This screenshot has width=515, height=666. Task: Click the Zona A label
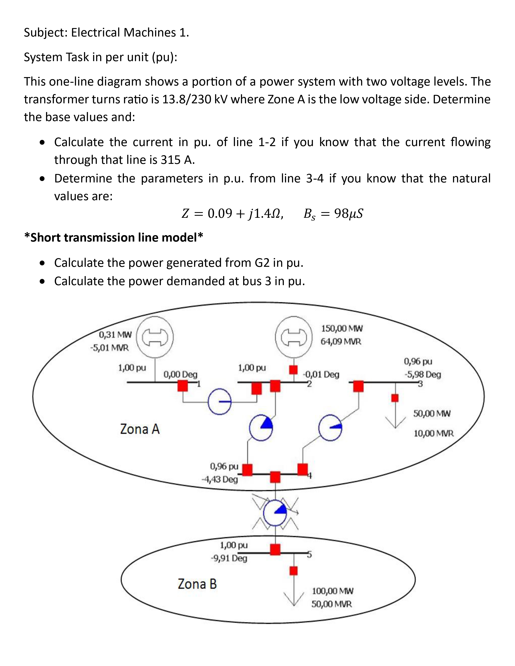point(140,429)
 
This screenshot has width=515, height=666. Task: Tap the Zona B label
point(197,584)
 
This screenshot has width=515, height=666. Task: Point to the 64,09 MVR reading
point(341,341)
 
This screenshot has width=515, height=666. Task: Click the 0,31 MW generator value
point(115,335)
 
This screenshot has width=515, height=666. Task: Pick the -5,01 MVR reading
point(109,348)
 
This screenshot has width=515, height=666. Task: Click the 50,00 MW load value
point(432,414)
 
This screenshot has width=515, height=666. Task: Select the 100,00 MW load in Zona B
point(333,591)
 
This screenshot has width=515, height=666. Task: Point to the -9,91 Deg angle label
point(229,558)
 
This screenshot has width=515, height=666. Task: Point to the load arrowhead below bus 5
point(293,599)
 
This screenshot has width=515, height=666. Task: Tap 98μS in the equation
point(348,214)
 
